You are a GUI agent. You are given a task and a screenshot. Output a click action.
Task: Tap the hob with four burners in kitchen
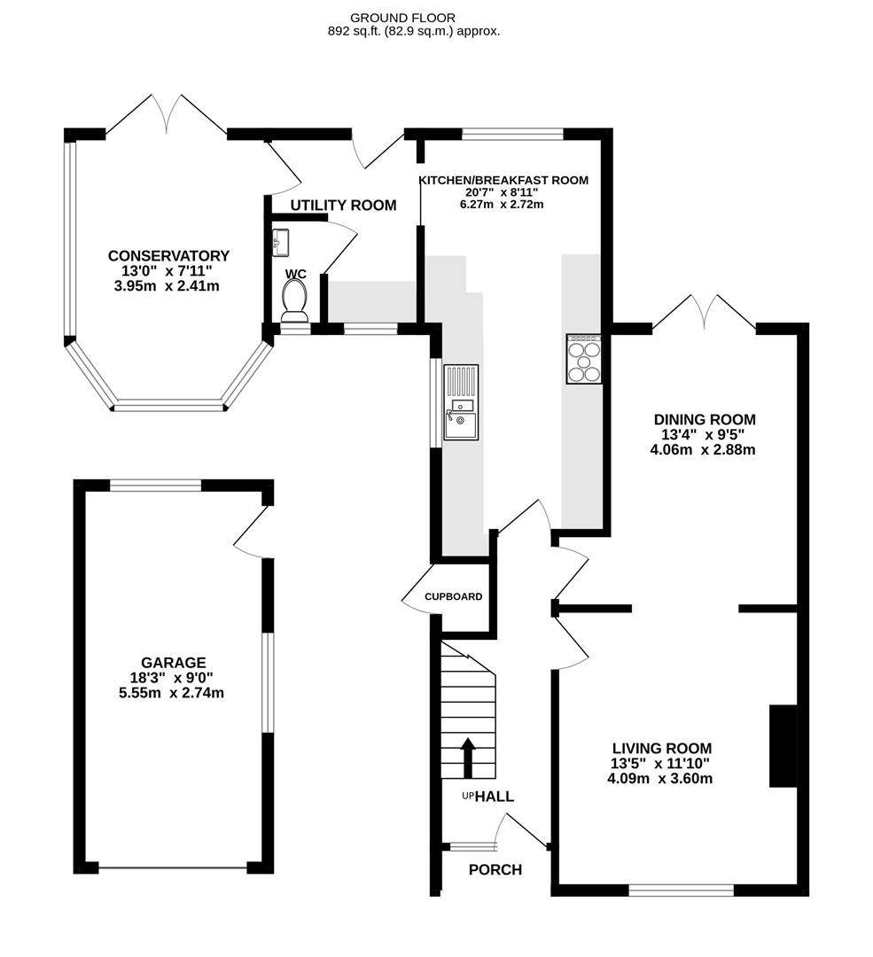point(583,359)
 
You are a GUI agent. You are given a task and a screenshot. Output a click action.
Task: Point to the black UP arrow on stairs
point(468,756)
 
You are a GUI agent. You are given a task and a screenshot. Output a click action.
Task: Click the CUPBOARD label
point(453,596)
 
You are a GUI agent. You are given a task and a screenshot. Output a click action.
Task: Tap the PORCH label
point(495,869)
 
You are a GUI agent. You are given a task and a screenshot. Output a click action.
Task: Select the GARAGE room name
point(173,662)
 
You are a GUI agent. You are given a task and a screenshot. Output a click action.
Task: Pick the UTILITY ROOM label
point(343,206)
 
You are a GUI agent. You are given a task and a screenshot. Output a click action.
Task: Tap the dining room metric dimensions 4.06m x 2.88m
point(705,449)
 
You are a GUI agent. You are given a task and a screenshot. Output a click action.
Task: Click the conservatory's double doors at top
point(166,115)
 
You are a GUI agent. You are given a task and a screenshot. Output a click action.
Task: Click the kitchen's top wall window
point(512,135)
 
